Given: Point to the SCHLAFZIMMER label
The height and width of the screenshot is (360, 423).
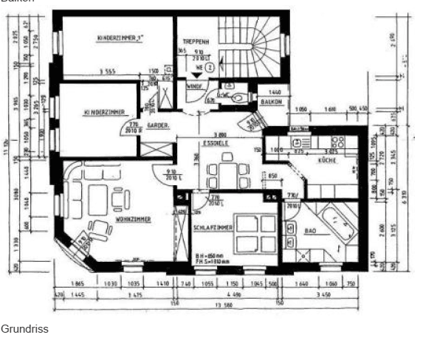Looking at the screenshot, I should (213, 228).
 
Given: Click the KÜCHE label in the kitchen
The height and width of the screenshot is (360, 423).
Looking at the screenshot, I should (328, 159).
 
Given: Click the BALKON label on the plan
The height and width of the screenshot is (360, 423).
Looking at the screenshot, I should (274, 102).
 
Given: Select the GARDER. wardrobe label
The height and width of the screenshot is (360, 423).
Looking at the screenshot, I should (157, 126).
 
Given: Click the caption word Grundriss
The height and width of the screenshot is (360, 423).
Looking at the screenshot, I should (24, 329).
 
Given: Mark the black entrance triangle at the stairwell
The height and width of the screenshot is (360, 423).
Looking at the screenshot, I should (196, 75).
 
